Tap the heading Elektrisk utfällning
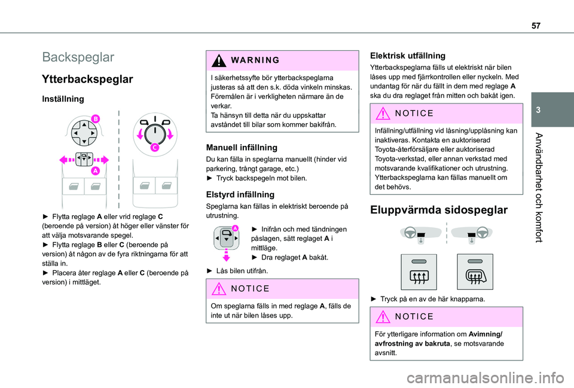pos(408,56)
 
